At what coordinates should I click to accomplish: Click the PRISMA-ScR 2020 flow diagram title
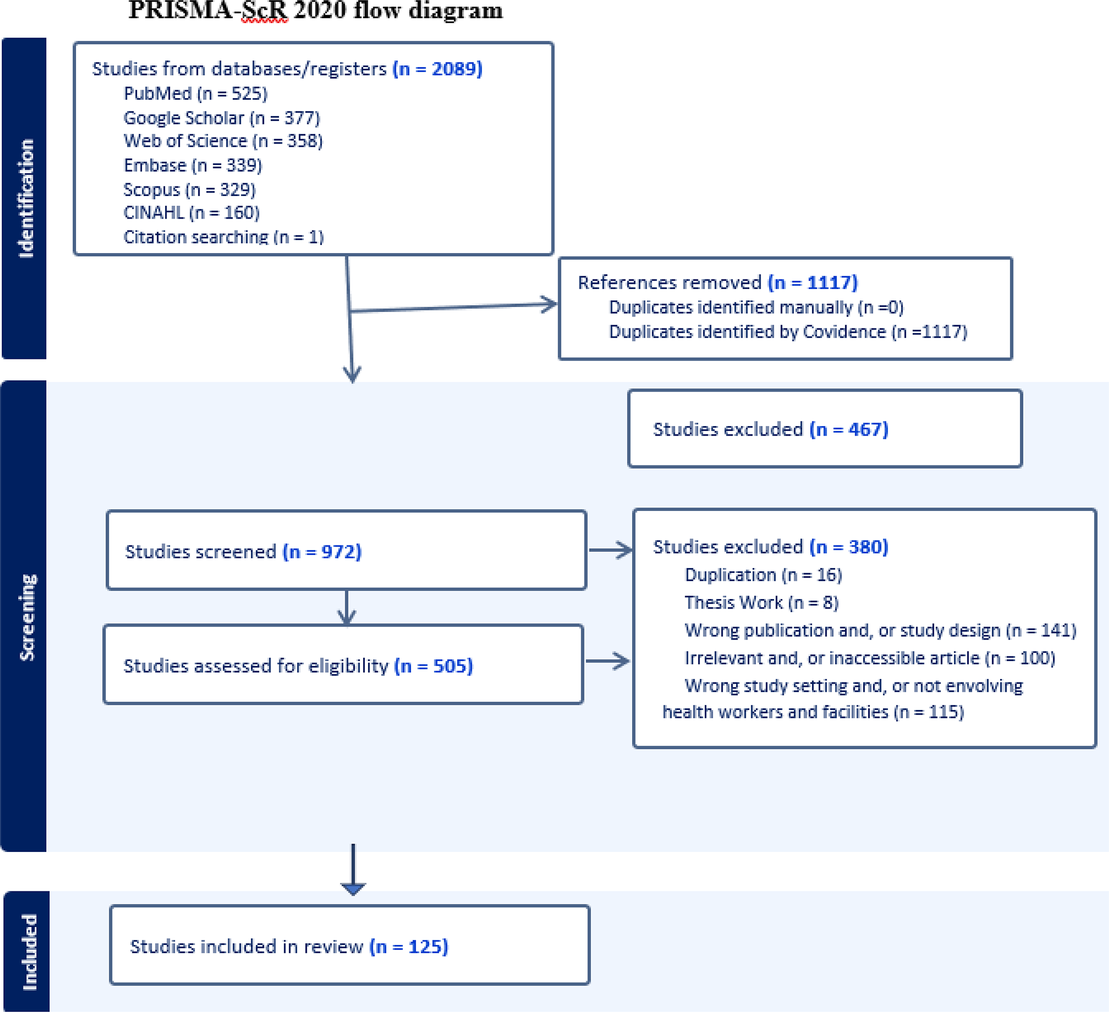point(316,10)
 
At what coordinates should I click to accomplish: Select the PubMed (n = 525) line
point(195,93)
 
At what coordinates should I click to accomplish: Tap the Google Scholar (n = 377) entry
point(222,118)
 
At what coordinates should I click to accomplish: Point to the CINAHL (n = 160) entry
point(191,212)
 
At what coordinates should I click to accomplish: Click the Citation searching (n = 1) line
point(223,237)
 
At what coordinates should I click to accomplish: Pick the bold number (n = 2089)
point(438,69)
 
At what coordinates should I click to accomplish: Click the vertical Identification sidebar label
point(25,198)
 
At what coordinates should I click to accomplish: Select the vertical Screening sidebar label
point(26,617)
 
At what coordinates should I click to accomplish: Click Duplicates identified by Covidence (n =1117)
point(788,331)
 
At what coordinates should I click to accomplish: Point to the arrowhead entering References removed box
point(550,304)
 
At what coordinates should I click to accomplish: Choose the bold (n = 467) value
point(849,429)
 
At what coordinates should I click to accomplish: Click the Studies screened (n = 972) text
point(243,551)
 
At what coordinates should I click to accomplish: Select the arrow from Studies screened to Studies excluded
point(610,550)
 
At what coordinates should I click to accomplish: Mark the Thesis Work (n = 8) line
point(761,602)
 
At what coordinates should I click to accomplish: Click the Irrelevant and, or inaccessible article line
point(869,658)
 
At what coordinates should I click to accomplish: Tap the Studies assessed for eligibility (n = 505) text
point(298,665)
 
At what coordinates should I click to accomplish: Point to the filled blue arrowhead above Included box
point(353,889)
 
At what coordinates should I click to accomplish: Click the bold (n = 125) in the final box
point(409,946)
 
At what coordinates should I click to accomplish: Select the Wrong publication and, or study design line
point(880,630)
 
